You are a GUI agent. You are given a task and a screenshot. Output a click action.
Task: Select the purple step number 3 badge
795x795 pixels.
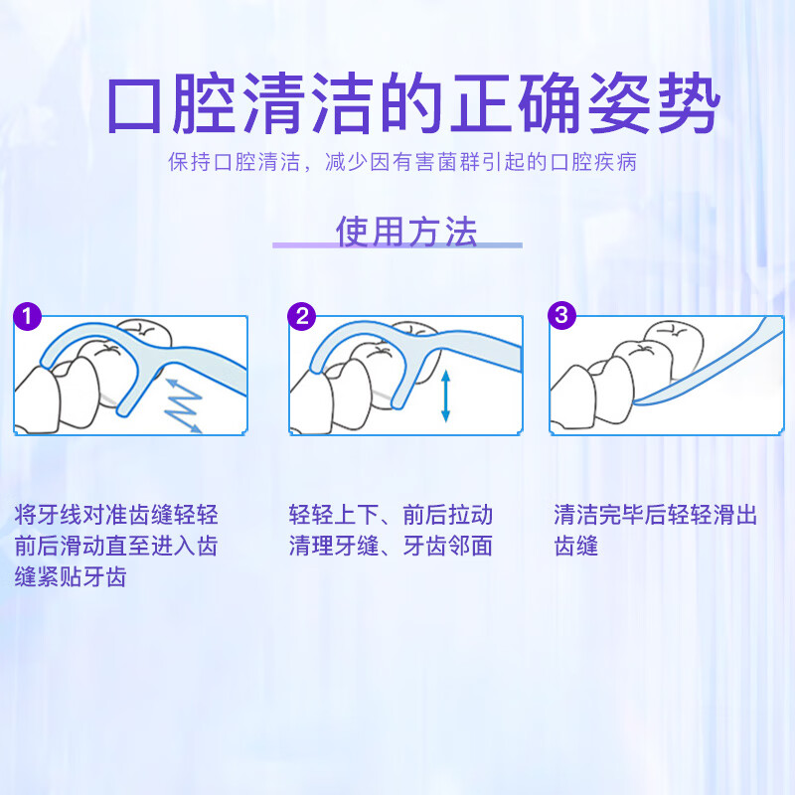[x=563, y=316]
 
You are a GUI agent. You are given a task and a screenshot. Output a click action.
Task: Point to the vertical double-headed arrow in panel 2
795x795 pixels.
[x=445, y=395]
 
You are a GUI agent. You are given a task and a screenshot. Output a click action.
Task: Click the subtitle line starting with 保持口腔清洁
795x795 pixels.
[x=402, y=163]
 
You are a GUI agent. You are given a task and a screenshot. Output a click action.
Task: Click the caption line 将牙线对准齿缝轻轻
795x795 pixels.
[x=116, y=515]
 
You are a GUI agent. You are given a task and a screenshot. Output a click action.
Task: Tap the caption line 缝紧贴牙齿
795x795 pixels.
[x=71, y=577]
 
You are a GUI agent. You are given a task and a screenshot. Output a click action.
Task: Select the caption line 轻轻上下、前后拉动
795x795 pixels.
[x=391, y=515]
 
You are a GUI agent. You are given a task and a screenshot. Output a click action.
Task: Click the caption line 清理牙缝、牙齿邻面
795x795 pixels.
[x=391, y=546]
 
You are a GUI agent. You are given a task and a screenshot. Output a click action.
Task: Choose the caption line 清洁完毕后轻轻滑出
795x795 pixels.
[x=656, y=515]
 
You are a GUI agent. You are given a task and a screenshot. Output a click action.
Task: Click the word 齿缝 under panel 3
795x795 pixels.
[x=575, y=546]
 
